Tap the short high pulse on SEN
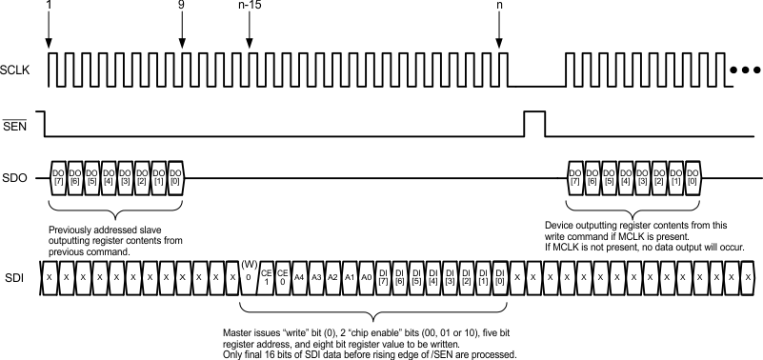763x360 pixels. click(534, 123)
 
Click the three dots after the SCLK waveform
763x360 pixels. click(744, 70)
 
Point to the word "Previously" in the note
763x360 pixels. click(70, 230)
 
